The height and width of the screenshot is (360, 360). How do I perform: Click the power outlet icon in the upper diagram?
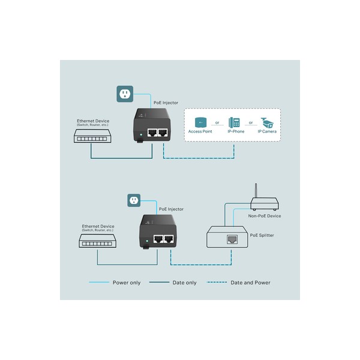[125, 94]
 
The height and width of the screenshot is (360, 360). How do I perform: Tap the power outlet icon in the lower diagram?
[134, 200]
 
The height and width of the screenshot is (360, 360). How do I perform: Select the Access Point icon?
[200, 122]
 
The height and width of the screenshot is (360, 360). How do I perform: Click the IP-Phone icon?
[234, 122]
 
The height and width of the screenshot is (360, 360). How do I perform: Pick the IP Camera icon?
[267, 123]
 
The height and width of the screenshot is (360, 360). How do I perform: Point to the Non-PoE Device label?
[265, 216]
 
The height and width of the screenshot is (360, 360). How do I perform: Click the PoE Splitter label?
[262, 235]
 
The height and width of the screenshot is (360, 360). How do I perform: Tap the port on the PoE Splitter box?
[232, 239]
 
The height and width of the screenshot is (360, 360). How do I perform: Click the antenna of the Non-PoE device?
[256, 191]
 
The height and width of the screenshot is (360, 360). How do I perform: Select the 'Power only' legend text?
[127, 283]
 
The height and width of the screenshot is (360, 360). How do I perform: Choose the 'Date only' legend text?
[184, 283]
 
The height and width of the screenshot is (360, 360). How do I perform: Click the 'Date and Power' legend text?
[250, 283]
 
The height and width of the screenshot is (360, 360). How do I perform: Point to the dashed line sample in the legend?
[217, 282]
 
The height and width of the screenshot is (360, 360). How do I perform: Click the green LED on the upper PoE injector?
[141, 135]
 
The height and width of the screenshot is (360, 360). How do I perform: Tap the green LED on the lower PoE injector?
[147, 241]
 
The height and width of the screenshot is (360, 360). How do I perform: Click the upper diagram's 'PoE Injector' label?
[166, 103]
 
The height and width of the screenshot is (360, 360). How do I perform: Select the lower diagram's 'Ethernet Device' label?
[98, 226]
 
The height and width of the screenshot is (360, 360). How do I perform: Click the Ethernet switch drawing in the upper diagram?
[92, 136]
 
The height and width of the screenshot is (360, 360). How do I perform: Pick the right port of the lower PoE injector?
[169, 239]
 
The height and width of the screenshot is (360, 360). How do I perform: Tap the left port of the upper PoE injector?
[152, 133]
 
